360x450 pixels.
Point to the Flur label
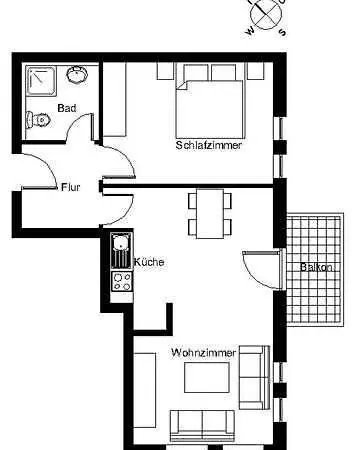[70, 186]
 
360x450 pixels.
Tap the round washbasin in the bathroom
[77, 74]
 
